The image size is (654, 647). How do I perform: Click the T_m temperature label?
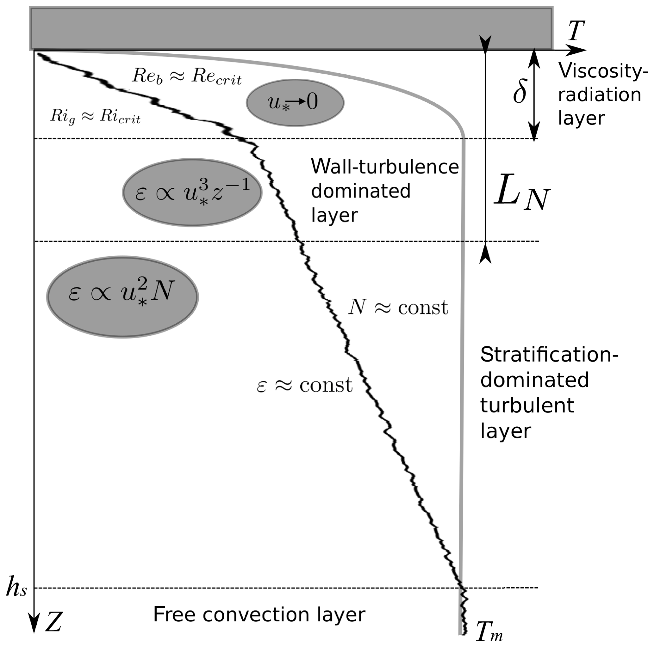(x=489, y=632)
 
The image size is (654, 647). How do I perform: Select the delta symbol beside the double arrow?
(x=520, y=92)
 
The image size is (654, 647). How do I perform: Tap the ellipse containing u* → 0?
(x=295, y=102)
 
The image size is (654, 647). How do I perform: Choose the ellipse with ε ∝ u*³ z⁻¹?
(x=192, y=192)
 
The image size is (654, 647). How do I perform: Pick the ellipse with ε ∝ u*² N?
(x=122, y=296)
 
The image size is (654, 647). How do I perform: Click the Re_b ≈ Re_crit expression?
(x=187, y=76)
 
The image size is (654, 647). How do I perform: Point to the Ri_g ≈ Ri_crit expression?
(x=95, y=117)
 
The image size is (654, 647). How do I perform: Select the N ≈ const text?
(x=398, y=308)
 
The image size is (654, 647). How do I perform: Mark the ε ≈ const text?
(x=304, y=385)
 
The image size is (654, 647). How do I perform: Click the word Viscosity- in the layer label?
(x=603, y=71)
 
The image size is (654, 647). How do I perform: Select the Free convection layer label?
(x=259, y=614)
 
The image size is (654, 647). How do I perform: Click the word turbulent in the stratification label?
(x=527, y=405)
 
